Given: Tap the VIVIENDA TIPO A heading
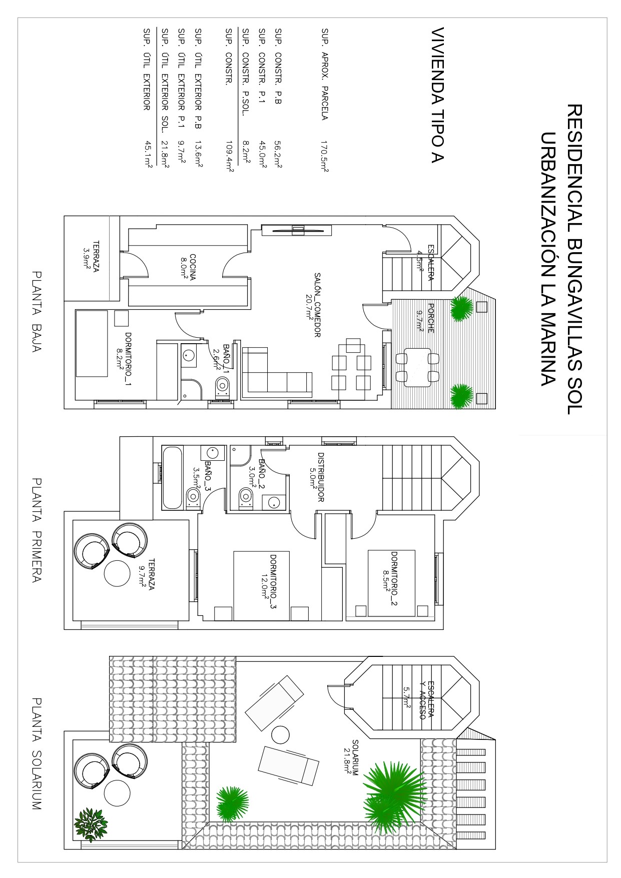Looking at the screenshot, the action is [437, 95].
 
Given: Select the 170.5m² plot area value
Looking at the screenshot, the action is [325, 157].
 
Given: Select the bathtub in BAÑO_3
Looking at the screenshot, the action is [172, 478].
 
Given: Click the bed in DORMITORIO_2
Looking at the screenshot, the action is [392, 583].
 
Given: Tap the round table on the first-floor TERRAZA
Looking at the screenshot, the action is [117, 572].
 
